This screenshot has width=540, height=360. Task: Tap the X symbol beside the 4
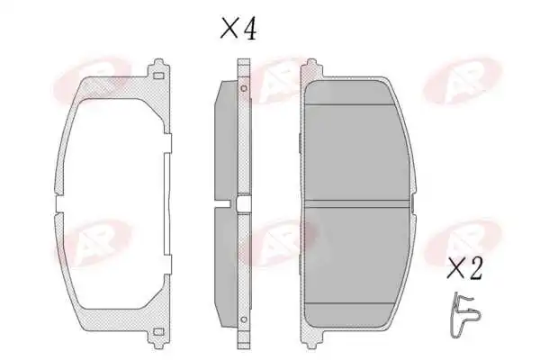[x=229, y=28]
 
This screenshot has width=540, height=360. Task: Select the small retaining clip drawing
[x=463, y=315]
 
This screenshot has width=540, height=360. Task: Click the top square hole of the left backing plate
[x=158, y=76]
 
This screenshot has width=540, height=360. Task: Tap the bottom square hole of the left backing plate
[x=158, y=331]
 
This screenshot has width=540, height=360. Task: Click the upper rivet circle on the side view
[x=244, y=88]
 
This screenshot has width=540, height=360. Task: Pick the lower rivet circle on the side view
[x=244, y=319]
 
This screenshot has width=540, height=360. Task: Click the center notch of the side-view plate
[x=244, y=204]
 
